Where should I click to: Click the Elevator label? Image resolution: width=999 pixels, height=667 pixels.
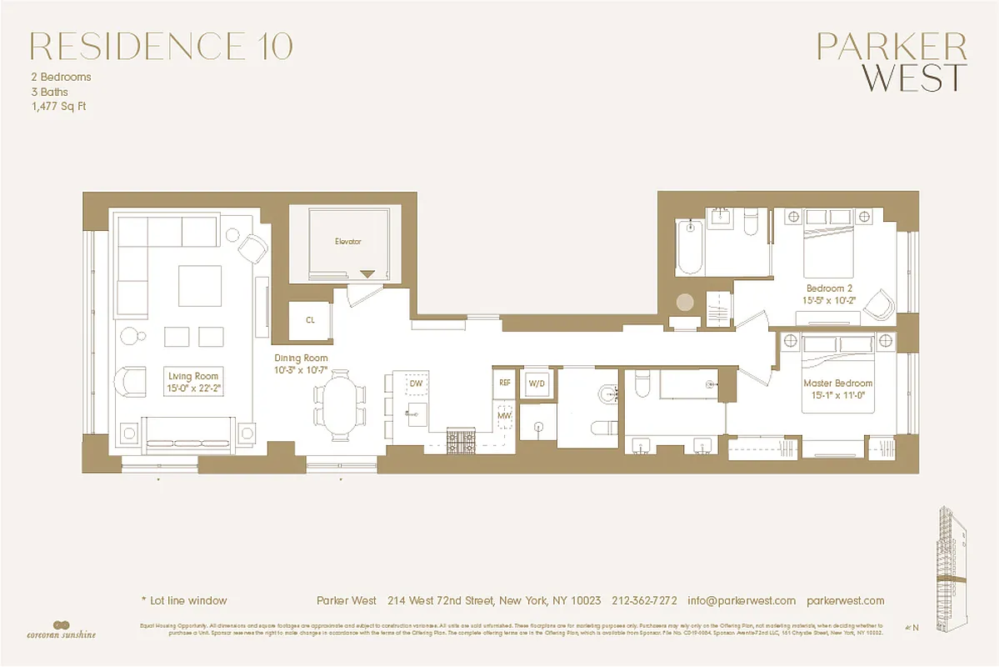click(347, 242)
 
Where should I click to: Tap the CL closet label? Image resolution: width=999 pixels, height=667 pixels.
click(310, 319)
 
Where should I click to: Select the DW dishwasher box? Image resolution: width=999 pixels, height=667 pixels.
click(416, 382)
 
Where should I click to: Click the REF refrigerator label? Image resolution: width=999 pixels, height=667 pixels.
click(504, 383)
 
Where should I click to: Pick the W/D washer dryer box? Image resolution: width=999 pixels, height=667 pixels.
click(537, 383)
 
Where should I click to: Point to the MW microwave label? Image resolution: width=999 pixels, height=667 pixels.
click(504, 414)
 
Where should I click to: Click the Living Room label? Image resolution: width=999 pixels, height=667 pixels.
click(192, 377)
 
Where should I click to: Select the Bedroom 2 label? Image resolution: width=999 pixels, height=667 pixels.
click(828, 288)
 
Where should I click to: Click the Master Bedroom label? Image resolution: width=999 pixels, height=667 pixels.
click(837, 384)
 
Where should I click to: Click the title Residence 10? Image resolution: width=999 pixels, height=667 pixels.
click(161, 47)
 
